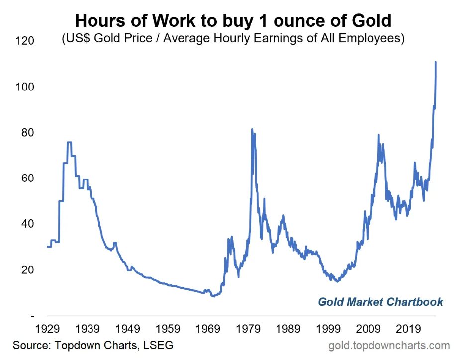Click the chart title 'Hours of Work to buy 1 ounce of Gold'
[x=233, y=21]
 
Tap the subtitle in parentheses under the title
[x=233, y=38]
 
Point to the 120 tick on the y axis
[x=24, y=41]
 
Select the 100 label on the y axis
[x=24, y=87]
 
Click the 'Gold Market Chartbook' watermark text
[x=380, y=302]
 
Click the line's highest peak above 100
[x=436, y=62]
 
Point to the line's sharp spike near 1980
[x=252, y=130]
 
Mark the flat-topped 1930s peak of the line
[x=69, y=143]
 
